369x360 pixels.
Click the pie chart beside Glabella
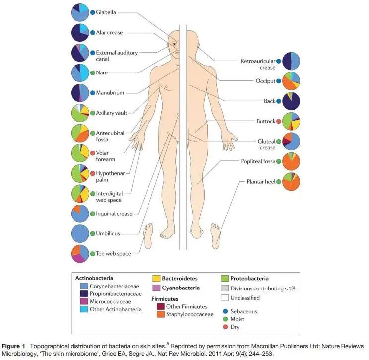point(80,12)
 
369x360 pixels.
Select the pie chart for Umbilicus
point(80,233)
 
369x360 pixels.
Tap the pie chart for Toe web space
point(80,254)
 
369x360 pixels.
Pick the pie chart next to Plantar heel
point(291,182)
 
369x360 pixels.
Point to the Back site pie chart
point(291,101)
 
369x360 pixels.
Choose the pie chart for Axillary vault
point(80,113)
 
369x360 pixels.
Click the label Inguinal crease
point(114,214)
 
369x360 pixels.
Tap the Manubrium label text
point(110,93)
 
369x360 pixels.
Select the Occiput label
point(265,81)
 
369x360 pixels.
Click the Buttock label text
point(265,121)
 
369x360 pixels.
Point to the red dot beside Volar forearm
point(92,153)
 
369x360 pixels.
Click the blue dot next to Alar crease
point(92,33)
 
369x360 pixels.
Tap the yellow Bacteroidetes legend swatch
point(156,279)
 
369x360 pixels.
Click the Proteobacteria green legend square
point(224,279)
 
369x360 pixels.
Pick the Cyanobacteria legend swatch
point(156,288)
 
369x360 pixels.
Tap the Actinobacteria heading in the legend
point(94,278)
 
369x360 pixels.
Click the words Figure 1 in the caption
point(15,346)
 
